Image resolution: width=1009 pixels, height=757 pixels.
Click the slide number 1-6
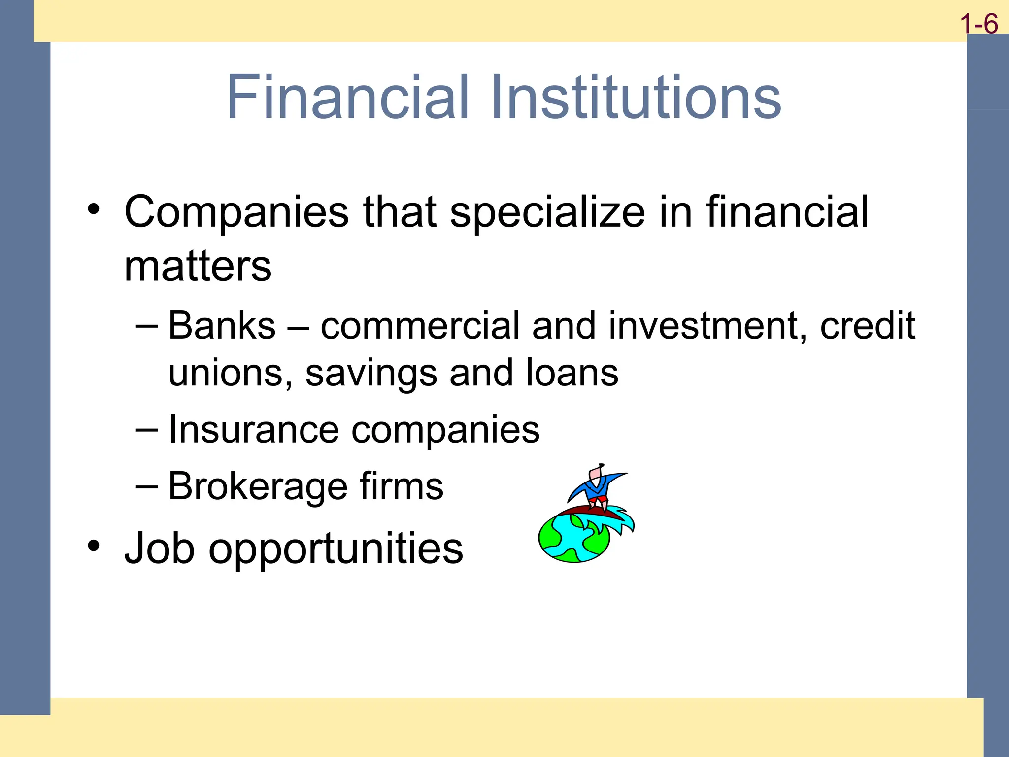[979, 24]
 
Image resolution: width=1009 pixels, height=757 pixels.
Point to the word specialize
[547, 213]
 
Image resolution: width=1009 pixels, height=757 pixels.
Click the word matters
[198, 267]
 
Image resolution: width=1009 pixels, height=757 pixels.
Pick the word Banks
[222, 326]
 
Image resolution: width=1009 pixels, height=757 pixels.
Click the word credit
[867, 326]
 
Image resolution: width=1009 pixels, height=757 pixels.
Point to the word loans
[572, 373]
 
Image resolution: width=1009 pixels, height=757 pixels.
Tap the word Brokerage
[257, 486]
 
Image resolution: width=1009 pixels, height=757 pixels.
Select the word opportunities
[336, 549]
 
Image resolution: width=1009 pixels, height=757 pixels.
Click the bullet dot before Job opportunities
[93, 546]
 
